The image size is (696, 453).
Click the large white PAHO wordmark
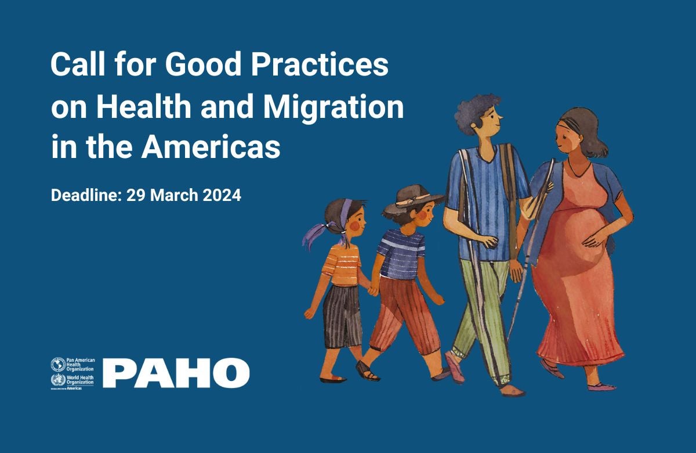click(x=176, y=373)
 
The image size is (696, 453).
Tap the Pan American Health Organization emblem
click(x=58, y=365)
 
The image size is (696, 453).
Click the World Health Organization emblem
click(x=58, y=380)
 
